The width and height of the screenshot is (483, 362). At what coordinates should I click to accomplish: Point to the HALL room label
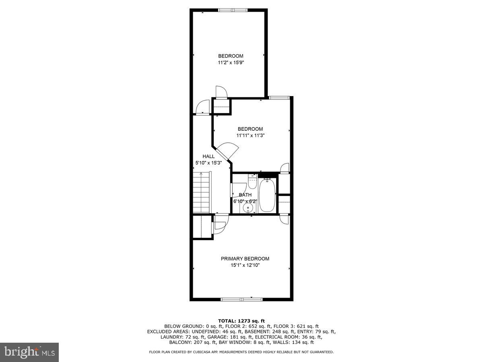208,156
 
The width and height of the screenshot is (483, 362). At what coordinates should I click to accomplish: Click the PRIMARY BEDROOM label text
245,259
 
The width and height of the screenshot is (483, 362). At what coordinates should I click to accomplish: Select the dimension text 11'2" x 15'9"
231,62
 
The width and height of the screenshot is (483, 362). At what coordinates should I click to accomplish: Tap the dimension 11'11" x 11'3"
250,136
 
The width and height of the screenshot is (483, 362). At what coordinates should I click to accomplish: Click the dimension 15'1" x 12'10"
245,265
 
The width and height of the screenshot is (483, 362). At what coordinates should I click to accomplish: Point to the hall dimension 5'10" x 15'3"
208,163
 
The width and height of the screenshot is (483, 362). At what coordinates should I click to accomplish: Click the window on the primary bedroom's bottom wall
242,299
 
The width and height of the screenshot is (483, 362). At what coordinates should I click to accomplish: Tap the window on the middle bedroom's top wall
279,97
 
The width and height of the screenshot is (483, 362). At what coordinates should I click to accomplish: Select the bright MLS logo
29,352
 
